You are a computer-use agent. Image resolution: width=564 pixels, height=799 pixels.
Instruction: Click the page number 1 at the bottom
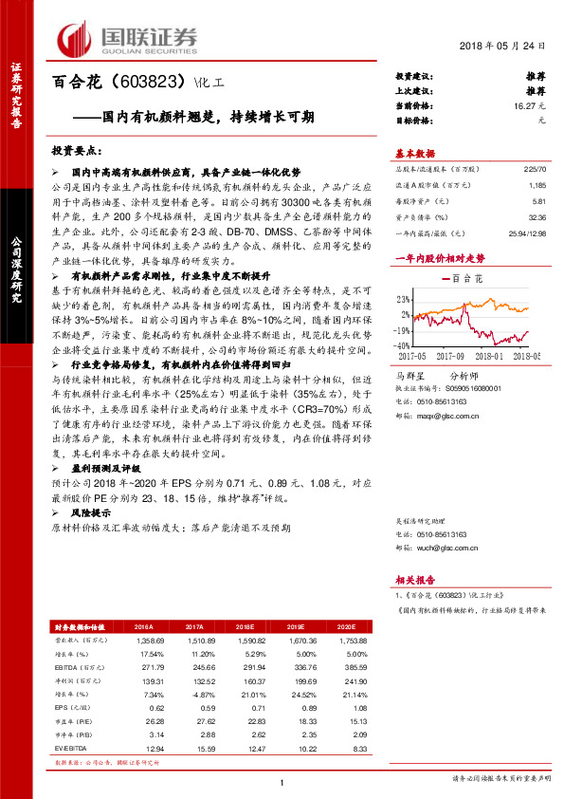pos(282,781)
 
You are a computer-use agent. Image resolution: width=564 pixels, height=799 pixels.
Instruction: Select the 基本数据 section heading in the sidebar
pos(415,153)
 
